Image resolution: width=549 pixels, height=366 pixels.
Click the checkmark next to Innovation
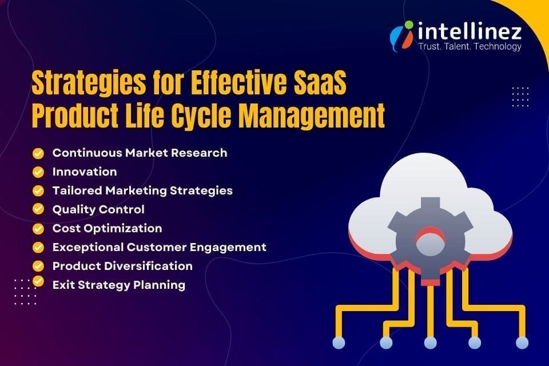pos(38,172)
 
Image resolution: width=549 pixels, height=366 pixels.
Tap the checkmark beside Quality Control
pos(38,209)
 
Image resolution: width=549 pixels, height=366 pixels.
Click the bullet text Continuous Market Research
pos(140,153)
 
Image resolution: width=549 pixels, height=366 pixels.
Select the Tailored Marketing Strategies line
pos(142,190)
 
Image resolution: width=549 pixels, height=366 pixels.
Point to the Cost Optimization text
pos(107,228)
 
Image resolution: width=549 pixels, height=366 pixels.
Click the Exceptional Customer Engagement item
pos(159,247)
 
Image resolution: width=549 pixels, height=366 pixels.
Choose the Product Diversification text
pos(122,266)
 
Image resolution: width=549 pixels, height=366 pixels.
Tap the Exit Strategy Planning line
pos(118,284)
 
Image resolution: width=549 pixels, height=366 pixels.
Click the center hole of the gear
pos(430,240)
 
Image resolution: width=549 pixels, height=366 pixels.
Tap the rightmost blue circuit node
pos(521,342)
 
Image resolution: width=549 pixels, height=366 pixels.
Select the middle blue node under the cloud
pos(431,342)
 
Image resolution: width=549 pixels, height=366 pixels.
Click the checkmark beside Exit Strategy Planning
pos(38,281)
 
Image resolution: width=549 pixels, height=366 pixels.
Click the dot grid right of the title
pos(520,96)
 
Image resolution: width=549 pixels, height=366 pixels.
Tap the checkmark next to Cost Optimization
pos(38,228)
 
